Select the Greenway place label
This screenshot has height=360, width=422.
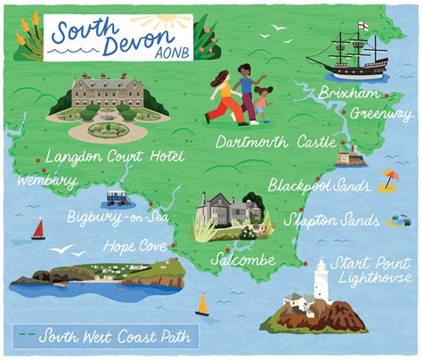[x=381, y=114]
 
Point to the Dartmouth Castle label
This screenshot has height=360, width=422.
[x=276, y=142]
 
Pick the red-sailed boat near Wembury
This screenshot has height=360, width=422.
[x=38, y=229]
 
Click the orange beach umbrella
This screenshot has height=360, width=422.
[x=389, y=179]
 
